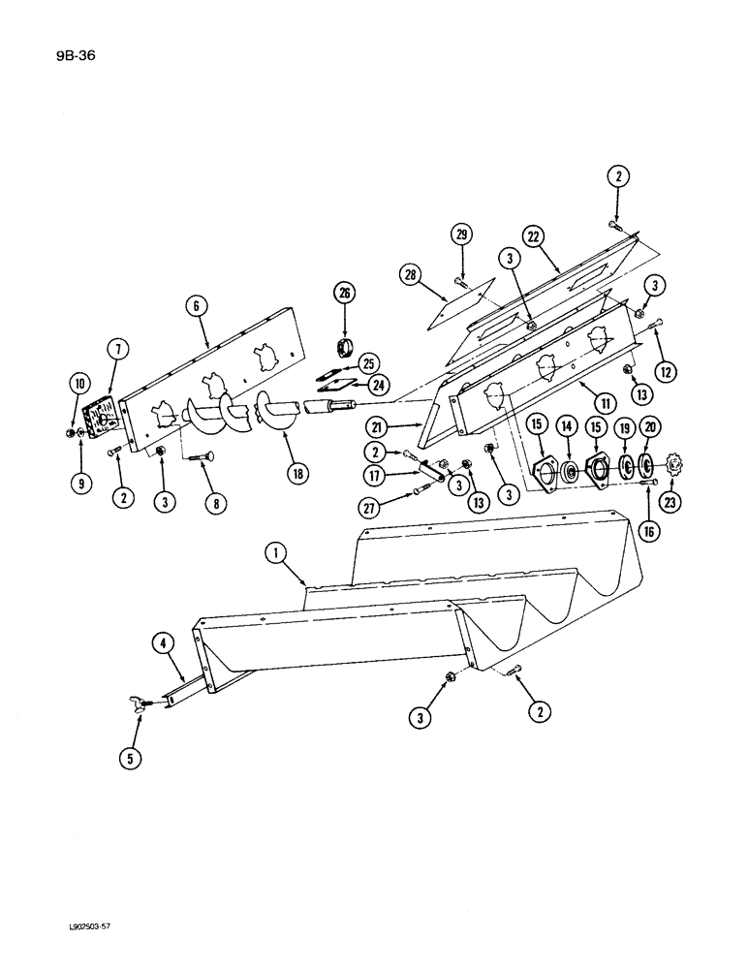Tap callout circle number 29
pos(462,235)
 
